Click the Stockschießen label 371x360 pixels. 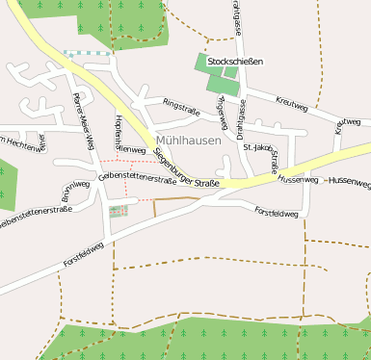pyautogui.click(x=235, y=61)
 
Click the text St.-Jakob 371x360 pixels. pyautogui.click(x=257, y=147)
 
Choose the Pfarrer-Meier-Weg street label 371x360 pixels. pyautogui.click(x=83, y=120)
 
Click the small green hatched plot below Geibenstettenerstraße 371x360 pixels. pyautogui.click(x=118, y=211)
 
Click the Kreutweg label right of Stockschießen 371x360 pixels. pyautogui.click(x=292, y=101)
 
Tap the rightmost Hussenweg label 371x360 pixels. pyautogui.click(x=349, y=181)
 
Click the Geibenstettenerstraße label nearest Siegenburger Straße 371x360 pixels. pyautogui.click(x=136, y=178)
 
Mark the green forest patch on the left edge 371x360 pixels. pyautogui.click(x=7, y=185)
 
